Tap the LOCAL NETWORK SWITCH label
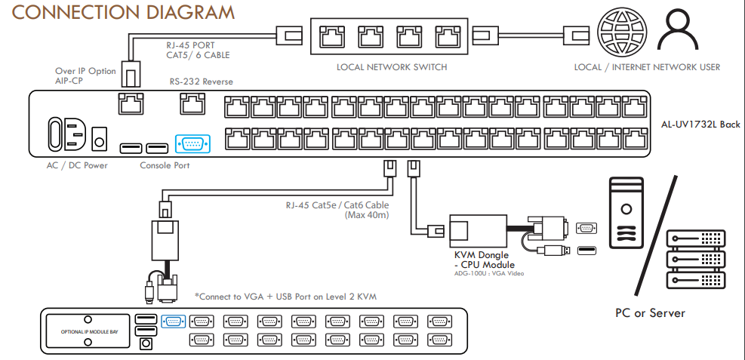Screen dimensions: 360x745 click(x=392, y=67)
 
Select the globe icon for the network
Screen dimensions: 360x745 click(x=619, y=35)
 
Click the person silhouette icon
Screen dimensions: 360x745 click(x=677, y=34)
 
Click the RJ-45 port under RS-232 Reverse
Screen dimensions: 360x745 click(x=192, y=103)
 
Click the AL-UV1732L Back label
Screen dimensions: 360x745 click(x=700, y=125)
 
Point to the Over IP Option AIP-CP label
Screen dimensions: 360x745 click(x=85, y=75)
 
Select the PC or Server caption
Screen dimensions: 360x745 click(x=650, y=312)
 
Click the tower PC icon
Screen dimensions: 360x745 click(x=625, y=212)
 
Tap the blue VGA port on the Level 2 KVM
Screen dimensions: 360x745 click(x=173, y=321)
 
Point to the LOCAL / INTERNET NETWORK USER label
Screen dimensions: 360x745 click(x=647, y=67)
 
